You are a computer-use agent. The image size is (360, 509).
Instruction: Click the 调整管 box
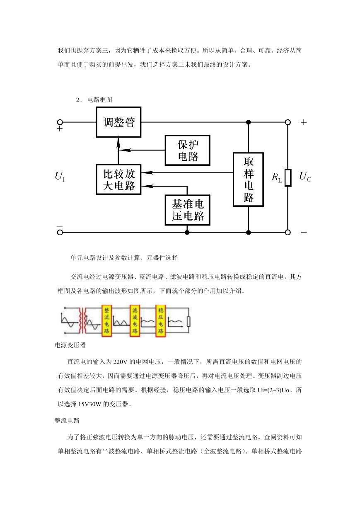coord(118,122)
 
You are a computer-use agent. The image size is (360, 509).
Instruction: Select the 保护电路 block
coord(187,150)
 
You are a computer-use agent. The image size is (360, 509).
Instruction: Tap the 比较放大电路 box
coord(118,179)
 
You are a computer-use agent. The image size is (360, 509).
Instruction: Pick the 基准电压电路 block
coord(187,210)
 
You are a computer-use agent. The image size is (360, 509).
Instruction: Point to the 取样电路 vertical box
coord(248,179)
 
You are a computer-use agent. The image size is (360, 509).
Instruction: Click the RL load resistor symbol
coord(288,178)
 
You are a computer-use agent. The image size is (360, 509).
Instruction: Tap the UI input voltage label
coord(60,176)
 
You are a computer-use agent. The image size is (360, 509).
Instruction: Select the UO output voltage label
coord(305,176)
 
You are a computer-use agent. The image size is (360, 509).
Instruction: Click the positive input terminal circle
coord(60,122)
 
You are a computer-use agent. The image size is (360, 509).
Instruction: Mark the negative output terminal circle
coord(288,232)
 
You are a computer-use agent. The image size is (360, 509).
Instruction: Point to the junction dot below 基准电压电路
coord(187,232)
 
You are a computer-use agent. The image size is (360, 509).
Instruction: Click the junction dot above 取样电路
coord(248,122)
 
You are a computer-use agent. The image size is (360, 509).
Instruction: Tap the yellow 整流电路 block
coord(106,321)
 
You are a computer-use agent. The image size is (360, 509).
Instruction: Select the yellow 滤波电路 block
coord(135,321)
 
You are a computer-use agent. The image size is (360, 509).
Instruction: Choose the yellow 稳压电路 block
coord(161,321)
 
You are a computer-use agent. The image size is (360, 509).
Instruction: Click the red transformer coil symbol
coord(82,320)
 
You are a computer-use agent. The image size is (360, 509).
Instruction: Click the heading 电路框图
coord(100,100)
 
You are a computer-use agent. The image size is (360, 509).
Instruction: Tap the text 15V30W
coord(90,404)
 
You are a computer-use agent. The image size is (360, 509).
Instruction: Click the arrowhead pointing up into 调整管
coord(118,142)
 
